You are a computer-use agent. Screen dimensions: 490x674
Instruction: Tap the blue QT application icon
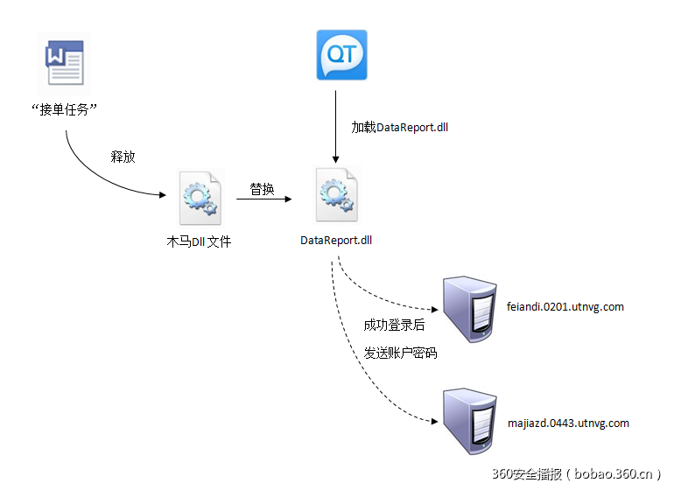coord(341,55)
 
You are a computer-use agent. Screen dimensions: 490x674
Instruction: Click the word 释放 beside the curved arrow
coord(123,157)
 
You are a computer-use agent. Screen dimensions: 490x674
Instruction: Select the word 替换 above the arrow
coord(263,189)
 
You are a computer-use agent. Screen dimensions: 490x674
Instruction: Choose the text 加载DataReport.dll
coord(400,127)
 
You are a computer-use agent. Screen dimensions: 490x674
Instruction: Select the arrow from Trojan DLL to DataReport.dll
coord(263,200)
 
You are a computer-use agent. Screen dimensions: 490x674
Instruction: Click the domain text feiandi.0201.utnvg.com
coord(565,307)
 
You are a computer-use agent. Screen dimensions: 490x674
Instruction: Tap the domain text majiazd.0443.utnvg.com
coord(567,423)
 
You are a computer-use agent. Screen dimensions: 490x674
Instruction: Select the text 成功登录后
coord(394,325)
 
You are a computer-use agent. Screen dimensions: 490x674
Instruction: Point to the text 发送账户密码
coord(400,353)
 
